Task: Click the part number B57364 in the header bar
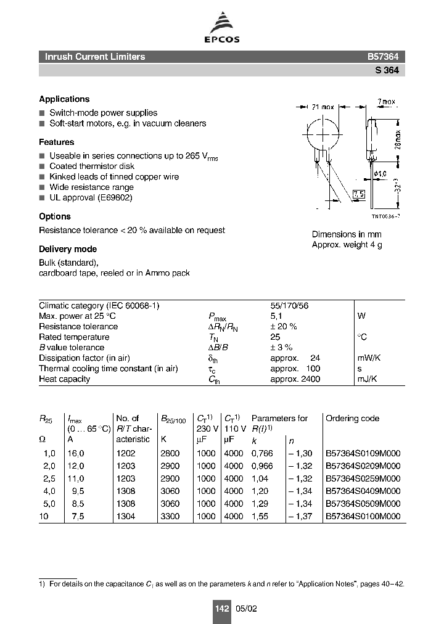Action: tap(382, 57)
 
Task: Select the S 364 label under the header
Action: tap(387, 70)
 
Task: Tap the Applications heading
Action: tap(64, 99)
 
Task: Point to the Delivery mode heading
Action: tap(68, 249)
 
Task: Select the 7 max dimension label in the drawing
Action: tap(386, 102)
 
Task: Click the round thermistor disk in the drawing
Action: tap(321, 132)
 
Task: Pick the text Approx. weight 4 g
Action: tap(347, 245)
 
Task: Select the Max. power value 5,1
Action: tap(276, 316)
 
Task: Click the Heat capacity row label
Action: tap(64, 379)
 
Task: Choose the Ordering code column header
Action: tap(352, 418)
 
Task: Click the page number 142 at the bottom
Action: tap(222, 609)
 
